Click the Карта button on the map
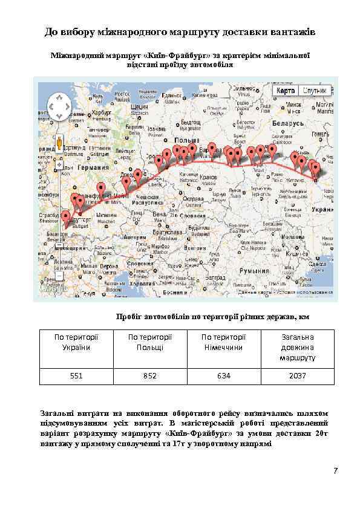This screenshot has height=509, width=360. click(285, 91)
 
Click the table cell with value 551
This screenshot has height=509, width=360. click(76, 376)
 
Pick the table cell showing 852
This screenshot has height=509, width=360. click(150, 376)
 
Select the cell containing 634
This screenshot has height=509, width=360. click(224, 376)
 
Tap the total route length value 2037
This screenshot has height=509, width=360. click(297, 376)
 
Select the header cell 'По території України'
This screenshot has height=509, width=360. click(76, 342)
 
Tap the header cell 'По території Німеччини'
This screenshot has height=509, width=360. click(224, 342)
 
